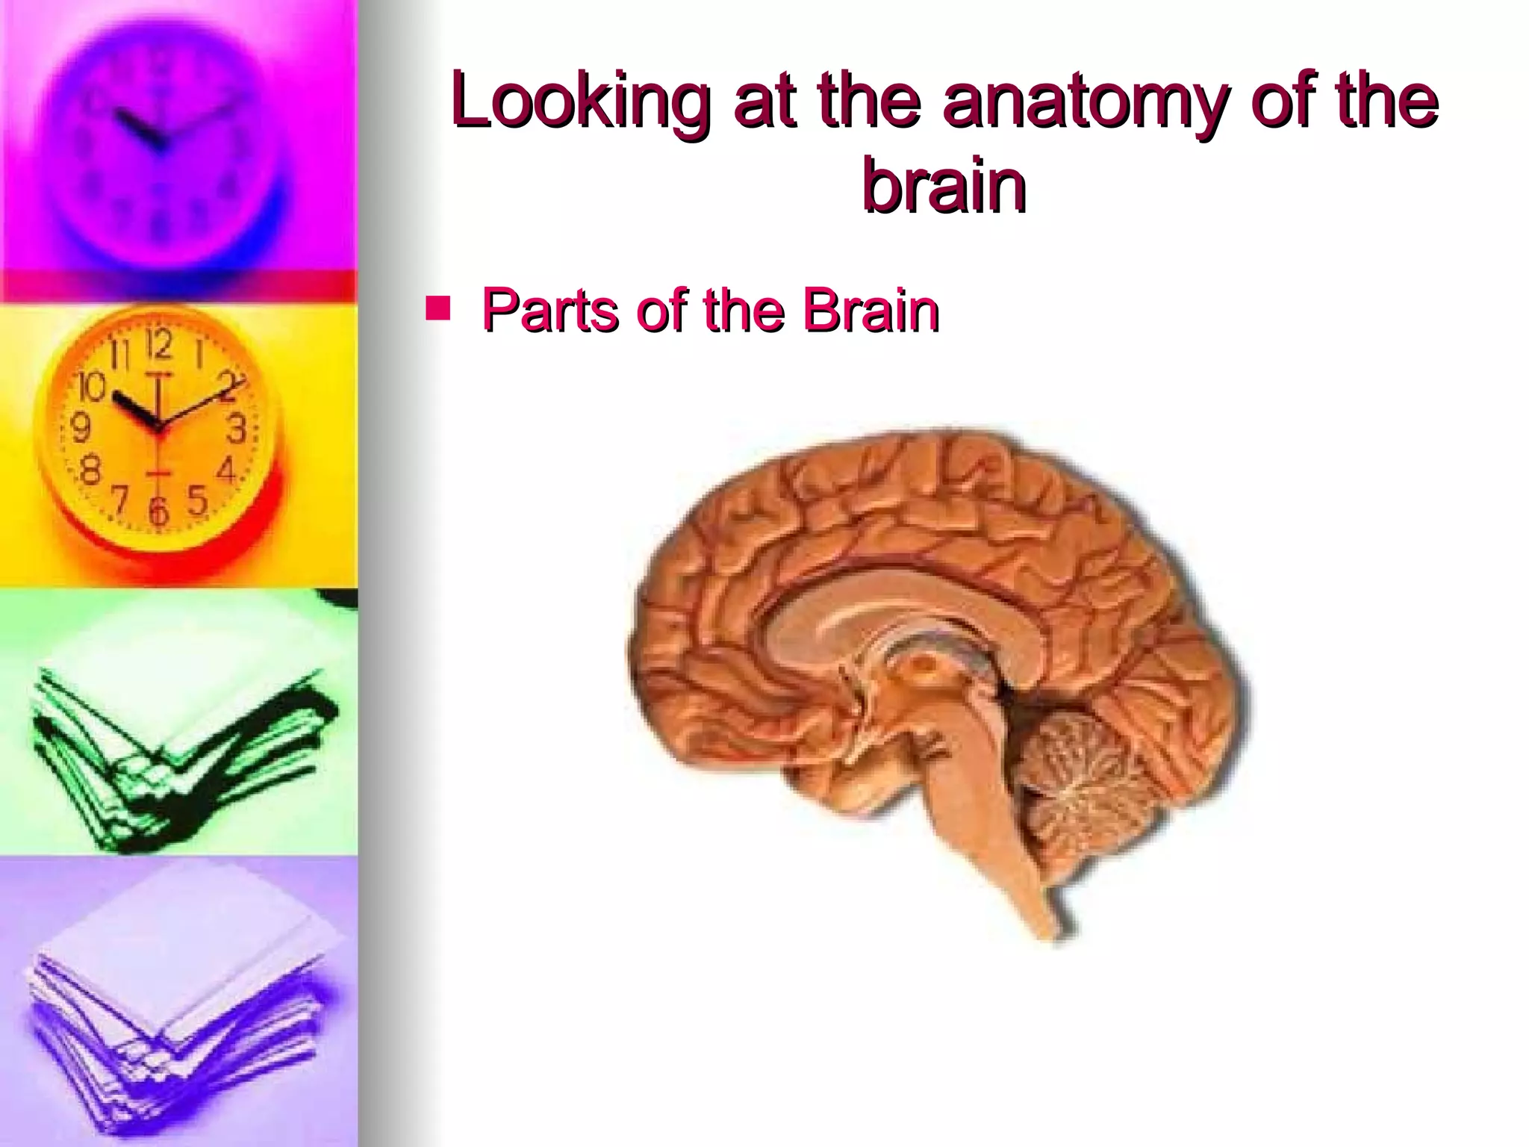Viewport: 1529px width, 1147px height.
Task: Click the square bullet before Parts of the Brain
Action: (437, 308)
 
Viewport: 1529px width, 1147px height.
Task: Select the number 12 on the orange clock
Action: (158, 344)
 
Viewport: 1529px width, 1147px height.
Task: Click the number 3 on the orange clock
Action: (237, 429)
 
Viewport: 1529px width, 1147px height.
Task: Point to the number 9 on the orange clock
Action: (81, 428)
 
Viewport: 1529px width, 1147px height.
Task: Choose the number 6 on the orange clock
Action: (158, 512)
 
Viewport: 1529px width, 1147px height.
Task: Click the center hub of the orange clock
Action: (158, 427)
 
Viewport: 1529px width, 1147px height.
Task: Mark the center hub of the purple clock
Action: (158, 142)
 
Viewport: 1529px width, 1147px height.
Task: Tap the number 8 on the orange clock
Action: (90, 471)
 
